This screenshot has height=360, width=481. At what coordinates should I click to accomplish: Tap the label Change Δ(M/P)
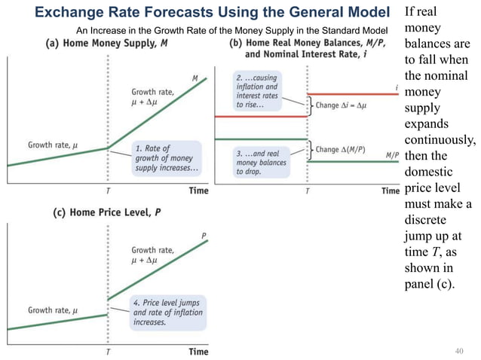pos(343,150)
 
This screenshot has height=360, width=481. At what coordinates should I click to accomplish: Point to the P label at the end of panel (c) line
pos(204,236)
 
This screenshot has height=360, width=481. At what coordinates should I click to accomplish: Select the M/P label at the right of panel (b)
pos(392,155)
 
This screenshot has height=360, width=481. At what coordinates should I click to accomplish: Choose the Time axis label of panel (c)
pos(198,351)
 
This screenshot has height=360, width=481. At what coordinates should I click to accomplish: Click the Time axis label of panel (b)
pos(390,191)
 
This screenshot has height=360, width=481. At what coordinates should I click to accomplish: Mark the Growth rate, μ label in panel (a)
pos(54,145)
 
